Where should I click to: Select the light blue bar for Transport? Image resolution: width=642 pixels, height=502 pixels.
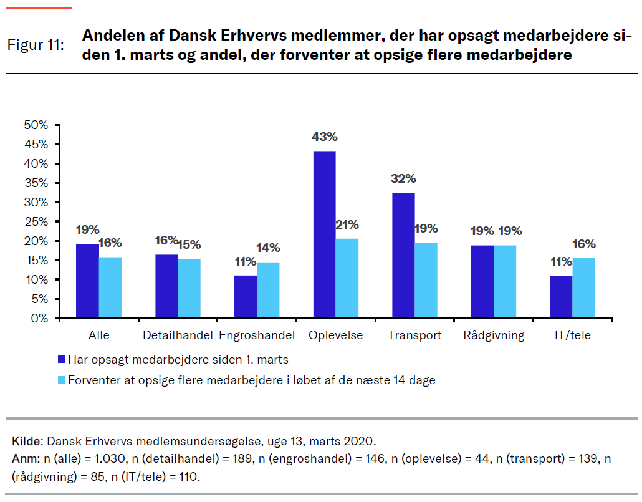(426, 281)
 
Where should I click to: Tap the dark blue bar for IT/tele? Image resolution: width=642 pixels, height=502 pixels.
(561, 297)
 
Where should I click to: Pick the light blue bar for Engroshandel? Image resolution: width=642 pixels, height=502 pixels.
(268, 290)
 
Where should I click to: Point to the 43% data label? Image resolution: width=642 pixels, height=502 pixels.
(325, 137)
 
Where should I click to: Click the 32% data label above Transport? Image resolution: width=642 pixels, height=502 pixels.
(403, 178)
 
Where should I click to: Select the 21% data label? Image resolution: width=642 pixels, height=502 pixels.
(347, 224)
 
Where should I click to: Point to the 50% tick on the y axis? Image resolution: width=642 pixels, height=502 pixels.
(36, 125)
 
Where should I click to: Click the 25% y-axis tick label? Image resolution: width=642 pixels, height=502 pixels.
(36, 222)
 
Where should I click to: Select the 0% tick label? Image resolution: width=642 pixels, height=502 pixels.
(39, 319)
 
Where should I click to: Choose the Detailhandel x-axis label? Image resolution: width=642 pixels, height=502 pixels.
(178, 335)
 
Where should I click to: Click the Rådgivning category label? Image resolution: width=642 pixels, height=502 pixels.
(494, 335)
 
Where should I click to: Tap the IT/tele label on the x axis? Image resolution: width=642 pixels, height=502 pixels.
(572, 335)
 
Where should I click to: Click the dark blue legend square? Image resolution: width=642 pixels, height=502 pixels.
(61, 359)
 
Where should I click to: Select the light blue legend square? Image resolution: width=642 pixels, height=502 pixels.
(61, 380)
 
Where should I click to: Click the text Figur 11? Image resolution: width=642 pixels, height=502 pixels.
(36, 45)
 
